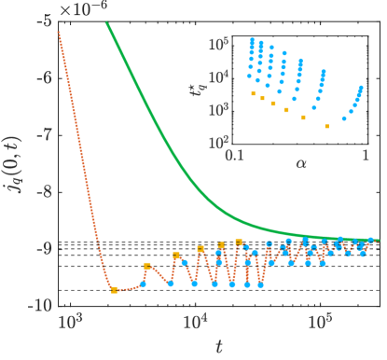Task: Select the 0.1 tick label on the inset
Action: (233, 155)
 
